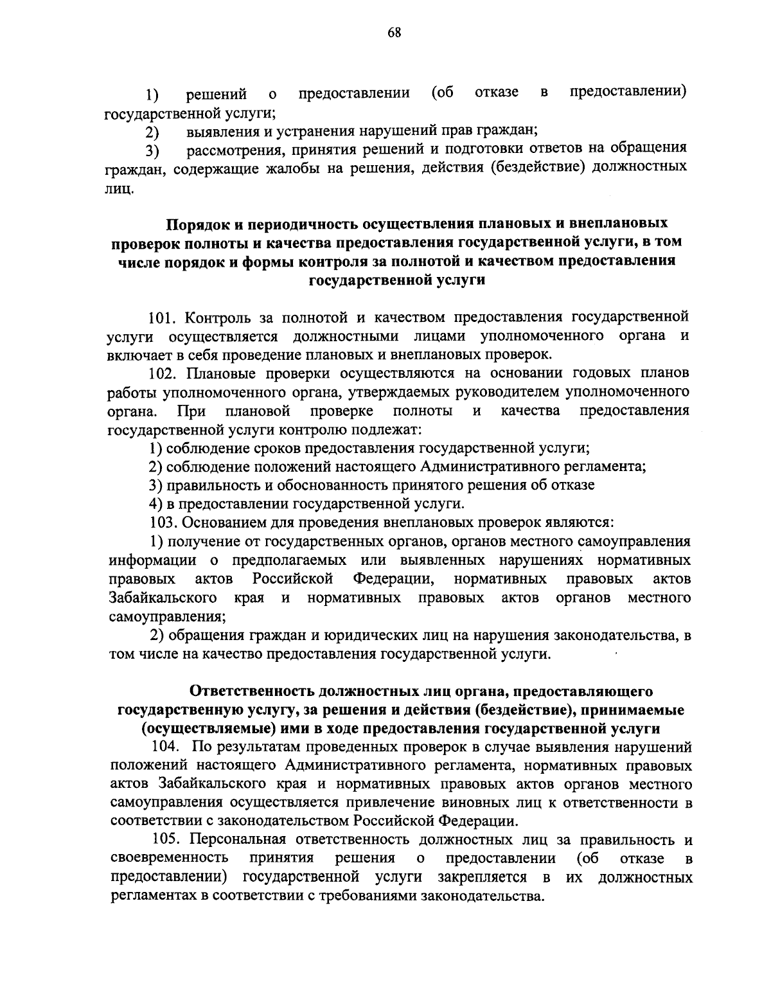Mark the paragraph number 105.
[168, 841]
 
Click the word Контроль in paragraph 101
[219, 317]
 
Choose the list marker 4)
[155, 504]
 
